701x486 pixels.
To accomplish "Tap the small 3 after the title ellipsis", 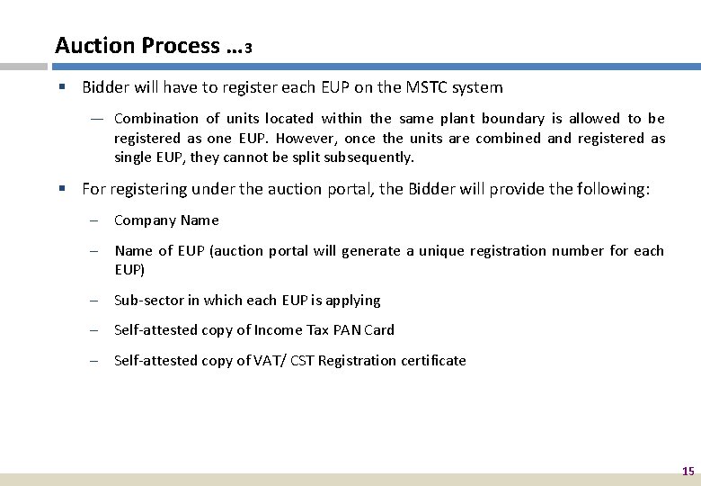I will (248, 49).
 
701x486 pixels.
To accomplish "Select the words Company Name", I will (166, 220).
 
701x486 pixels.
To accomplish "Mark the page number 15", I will (688, 471).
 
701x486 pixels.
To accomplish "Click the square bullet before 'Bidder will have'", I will (63, 87).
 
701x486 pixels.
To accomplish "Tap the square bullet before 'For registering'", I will (63, 189).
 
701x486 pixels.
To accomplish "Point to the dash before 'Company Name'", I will (94, 220).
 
